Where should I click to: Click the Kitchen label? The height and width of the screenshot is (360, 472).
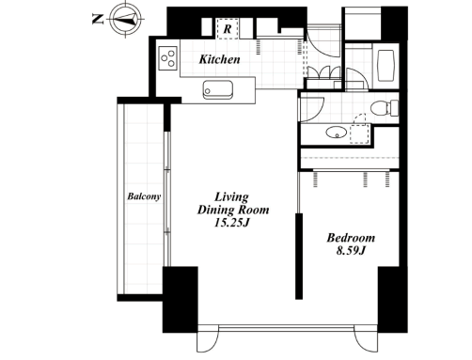[220, 59]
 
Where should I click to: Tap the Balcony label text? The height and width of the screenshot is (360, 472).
[144, 196]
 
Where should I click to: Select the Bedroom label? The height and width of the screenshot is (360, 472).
[351, 238]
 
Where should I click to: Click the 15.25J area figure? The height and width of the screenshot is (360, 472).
[231, 223]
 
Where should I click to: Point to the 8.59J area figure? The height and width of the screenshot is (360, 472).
[351, 251]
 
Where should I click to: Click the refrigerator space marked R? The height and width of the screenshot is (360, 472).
[228, 29]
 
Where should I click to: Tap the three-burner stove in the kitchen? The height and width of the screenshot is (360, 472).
[168, 58]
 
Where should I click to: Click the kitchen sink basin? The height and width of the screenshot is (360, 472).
[218, 90]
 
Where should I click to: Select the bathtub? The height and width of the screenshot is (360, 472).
[385, 66]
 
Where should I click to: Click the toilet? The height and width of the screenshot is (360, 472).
[385, 108]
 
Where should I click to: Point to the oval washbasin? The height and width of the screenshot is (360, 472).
[337, 133]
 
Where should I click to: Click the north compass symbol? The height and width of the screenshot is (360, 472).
[126, 19]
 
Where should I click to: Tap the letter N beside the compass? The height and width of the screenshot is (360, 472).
[98, 19]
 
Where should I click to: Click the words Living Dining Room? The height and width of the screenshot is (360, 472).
[233, 204]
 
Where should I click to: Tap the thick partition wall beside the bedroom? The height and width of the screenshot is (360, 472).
[299, 257]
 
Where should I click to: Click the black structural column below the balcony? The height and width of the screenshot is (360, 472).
[181, 300]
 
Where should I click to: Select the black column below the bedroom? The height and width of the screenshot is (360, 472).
[393, 300]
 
